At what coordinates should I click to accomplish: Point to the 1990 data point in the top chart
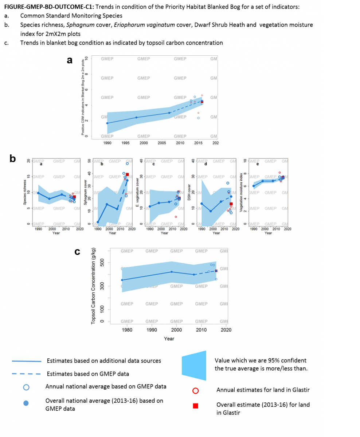pos(107,123)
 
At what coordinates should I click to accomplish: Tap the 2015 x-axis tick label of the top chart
pos(198,143)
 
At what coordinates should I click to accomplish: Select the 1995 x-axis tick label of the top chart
pos(125,143)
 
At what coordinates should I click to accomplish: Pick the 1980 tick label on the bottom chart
pos(127,330)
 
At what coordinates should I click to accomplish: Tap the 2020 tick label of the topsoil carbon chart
pos(226,330)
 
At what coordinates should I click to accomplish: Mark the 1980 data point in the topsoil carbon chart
pos(122,280)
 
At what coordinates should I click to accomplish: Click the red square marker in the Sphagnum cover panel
pos(127,174)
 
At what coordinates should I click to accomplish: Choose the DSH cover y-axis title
pos(189,193)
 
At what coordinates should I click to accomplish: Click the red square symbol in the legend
pos(196,406)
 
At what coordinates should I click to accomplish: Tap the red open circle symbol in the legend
pos(196,390)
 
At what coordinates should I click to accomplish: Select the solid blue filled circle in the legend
pos(26,403)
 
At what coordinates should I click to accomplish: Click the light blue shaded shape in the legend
pos(194,366)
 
